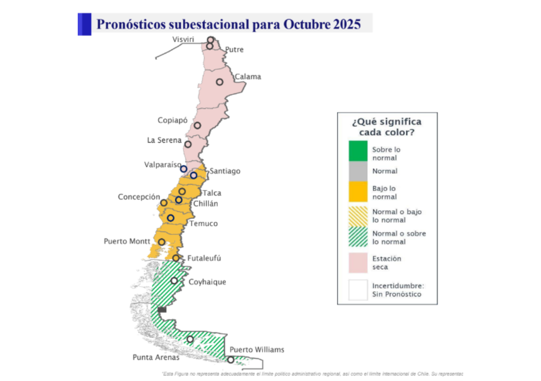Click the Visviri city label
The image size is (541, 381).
[183, 40]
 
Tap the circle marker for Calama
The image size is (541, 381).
[219, 82]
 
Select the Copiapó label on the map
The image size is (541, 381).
[173, 120]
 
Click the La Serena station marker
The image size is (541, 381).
[188, 144]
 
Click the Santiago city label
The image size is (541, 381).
[225, 171]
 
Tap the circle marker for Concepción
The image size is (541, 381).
[164, 203]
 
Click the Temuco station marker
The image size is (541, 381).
[171, 217]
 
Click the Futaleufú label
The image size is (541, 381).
[204, 258]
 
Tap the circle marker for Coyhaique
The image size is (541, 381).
[174, 280]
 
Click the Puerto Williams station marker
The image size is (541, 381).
[230, 360]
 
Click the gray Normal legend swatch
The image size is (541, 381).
[358, 171]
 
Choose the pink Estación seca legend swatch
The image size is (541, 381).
[358, 262]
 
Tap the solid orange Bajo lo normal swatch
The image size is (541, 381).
[358, 192]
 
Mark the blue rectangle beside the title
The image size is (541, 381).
[84, 24]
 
